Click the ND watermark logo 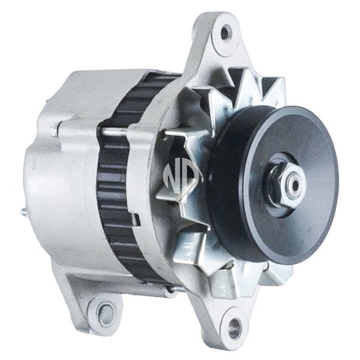pos(181,178)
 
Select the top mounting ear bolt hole pos(225,32)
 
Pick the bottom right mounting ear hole pos(234,325)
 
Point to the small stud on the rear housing pos(24,214)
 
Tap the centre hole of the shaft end pos(295,184)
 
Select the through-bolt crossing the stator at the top pos(115,132)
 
